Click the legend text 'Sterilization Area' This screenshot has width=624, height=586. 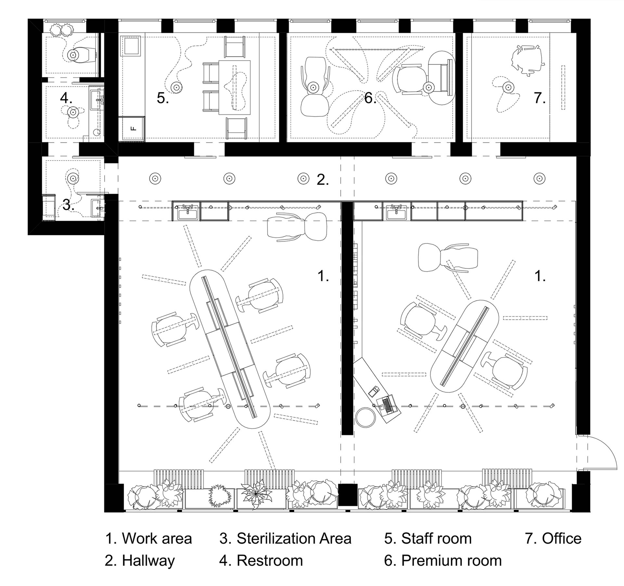click(x=294, y=539)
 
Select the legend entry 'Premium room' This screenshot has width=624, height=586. click(x=451, y=561)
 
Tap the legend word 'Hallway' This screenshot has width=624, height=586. click(x=148, y=561)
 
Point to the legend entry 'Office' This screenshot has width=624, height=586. click(x=562, y=539)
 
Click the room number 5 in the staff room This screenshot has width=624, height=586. click(x=163, y=98)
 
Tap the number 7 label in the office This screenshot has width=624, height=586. click(x=540, y=98)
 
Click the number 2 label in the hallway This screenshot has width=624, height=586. click(x=323, y=180)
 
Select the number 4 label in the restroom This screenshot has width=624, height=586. click(x=66, y=98)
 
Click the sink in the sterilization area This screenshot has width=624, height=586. click(x=98, y=207)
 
